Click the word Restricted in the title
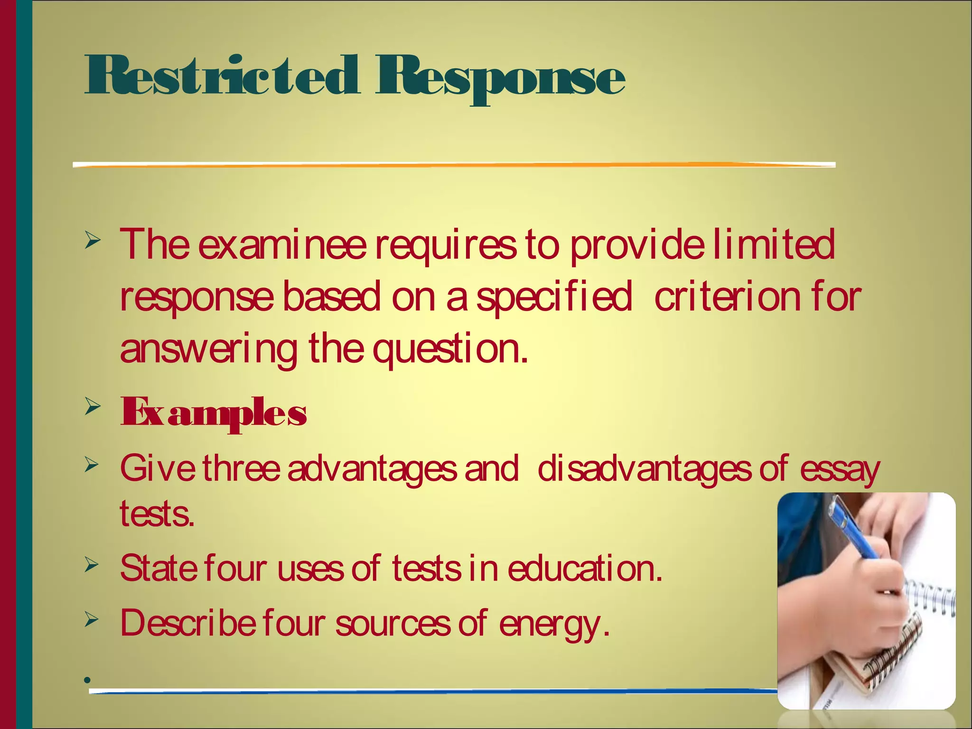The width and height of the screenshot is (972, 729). pyautogui.click(x=221, y=76)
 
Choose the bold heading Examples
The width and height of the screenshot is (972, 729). pyautogui.click(x=214, y=413)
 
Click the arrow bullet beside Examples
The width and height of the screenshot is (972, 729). pyautogui.click(x=93, y=407)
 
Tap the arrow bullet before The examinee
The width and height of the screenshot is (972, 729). pyautogui.click(x=93, y=241)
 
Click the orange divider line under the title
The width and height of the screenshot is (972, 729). pyautogui.click(x=454, y=165)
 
